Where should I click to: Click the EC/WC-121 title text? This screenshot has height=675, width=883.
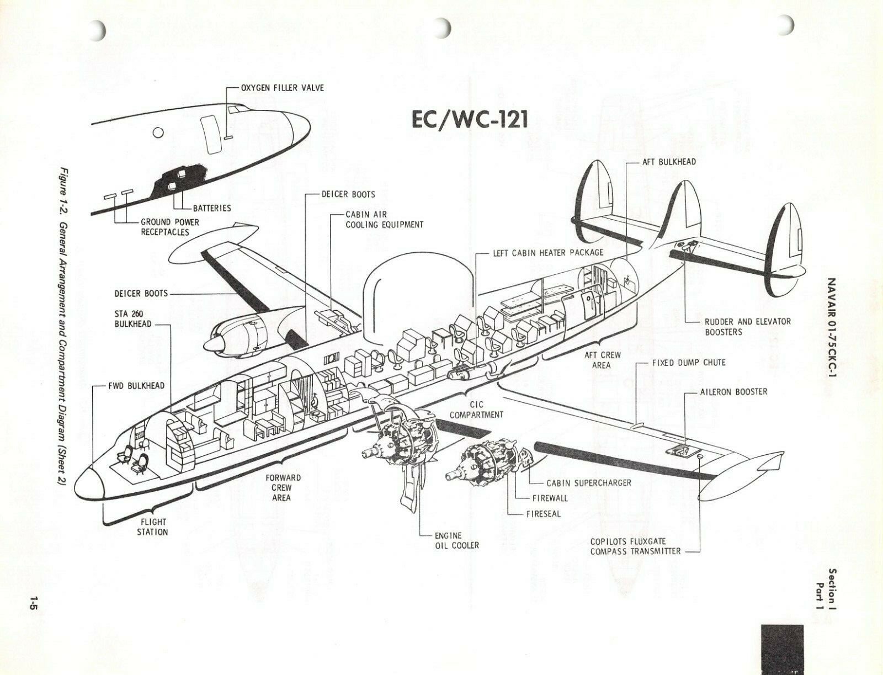470,119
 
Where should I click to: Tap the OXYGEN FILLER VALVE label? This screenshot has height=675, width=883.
282,88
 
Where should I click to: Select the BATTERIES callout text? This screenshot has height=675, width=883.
212,208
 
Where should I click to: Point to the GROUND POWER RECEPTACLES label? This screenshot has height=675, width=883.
170,227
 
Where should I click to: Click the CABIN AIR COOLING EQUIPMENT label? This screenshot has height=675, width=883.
384,219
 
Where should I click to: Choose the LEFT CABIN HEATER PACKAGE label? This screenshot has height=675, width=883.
547,252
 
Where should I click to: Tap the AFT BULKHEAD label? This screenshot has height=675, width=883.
668,162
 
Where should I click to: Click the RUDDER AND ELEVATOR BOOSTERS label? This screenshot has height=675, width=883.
747,327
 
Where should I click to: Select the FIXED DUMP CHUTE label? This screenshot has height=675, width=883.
688,363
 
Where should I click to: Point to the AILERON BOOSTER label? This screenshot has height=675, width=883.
733,391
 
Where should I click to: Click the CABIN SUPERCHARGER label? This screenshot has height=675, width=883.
588,482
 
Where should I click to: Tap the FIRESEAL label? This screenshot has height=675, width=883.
543,513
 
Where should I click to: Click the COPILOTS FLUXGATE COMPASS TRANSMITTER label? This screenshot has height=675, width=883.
635,546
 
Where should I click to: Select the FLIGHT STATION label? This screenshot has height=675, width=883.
152,527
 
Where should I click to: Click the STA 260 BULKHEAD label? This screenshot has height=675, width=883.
132,318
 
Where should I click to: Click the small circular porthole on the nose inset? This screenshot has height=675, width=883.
158,132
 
